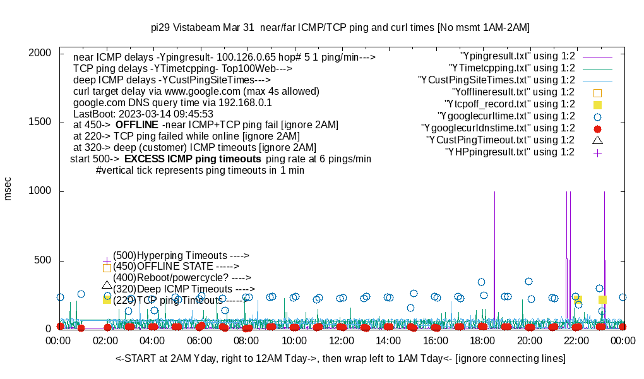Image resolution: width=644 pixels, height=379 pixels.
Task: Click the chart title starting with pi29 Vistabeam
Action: [x=340, y=28]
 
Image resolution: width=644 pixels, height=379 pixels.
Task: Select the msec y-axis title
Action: [x=8, y=188]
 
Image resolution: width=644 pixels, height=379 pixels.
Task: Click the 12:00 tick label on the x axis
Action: [x=342, y=340]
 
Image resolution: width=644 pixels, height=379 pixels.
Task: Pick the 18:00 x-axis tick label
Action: [x=482, y=340]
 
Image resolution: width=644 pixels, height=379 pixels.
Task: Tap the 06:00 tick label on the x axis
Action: [x=200, y=340]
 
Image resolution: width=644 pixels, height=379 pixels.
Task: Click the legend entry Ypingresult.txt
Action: [x=517, y=56]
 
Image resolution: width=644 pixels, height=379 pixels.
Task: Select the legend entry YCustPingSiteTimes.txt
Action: [x=496, y=80]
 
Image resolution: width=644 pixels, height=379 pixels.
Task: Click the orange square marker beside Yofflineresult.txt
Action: [x=597, y=92]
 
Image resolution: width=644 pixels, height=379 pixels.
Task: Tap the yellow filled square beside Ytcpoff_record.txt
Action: [x=597, y=104]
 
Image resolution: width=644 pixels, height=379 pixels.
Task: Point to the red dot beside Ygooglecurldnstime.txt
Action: [x=597, y=128]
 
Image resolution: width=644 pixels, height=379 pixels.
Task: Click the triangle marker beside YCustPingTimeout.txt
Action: [x=597, y=140]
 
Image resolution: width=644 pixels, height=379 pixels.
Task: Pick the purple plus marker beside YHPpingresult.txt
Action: [x=597, y=152]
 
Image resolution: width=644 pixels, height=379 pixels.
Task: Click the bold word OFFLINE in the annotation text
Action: [x=136, y=124]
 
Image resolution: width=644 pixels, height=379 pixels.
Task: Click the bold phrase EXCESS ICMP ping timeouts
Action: [x=193, y=159]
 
